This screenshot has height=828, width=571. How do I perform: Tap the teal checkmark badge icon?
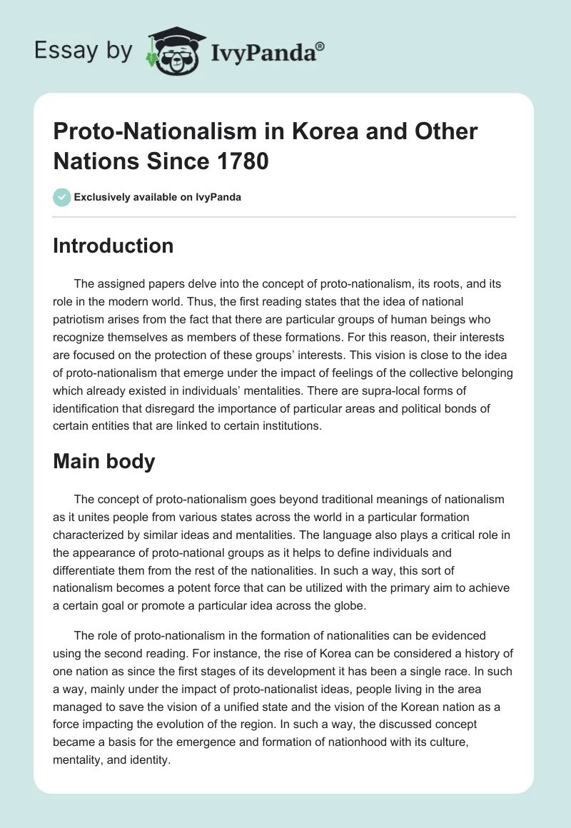tap(61, 197)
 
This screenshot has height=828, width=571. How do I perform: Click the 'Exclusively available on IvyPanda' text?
tap(157, 197)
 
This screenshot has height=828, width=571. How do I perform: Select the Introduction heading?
tap(113, 246)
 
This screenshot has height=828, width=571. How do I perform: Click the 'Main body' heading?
tap(104, 461)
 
